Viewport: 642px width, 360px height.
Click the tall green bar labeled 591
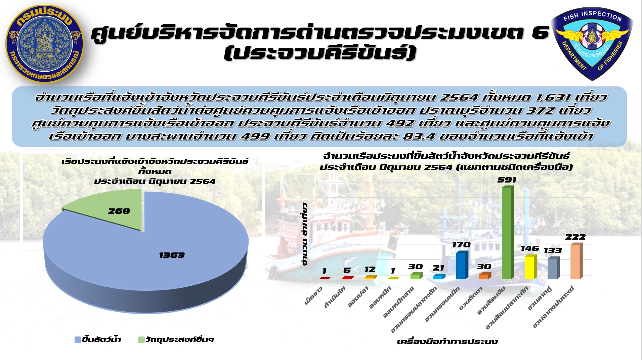coord(508,233)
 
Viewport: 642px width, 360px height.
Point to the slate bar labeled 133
coord(553,268)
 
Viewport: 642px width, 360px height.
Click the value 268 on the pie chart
coord(119,211)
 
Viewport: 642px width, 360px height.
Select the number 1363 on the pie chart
coord(172,255)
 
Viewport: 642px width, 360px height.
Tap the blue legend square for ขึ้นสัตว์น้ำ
coord(78,340)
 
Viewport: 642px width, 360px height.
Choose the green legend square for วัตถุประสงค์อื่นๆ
coord(141,340)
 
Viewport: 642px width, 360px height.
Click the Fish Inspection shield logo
coord(592,44)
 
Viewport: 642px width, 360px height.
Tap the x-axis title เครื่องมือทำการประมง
coord(447,342)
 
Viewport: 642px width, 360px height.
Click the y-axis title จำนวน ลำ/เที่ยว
coord(305,234)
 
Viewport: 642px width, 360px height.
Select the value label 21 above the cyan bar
coord(438,268)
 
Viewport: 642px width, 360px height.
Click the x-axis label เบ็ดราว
coord(313,296)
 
